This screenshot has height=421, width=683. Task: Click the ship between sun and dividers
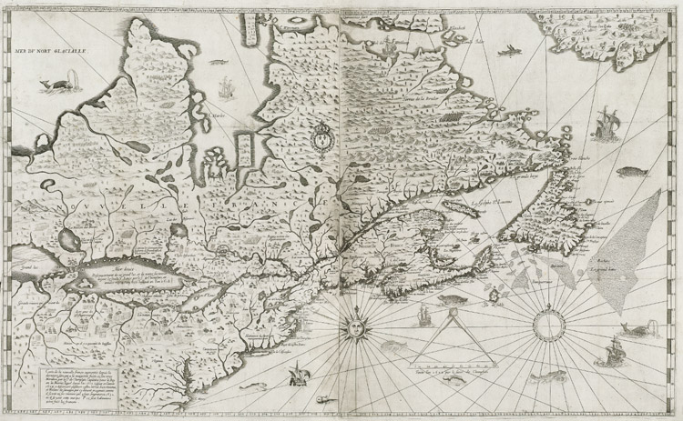tap(422, 318)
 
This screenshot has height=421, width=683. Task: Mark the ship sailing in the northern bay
tap(225, 88)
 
